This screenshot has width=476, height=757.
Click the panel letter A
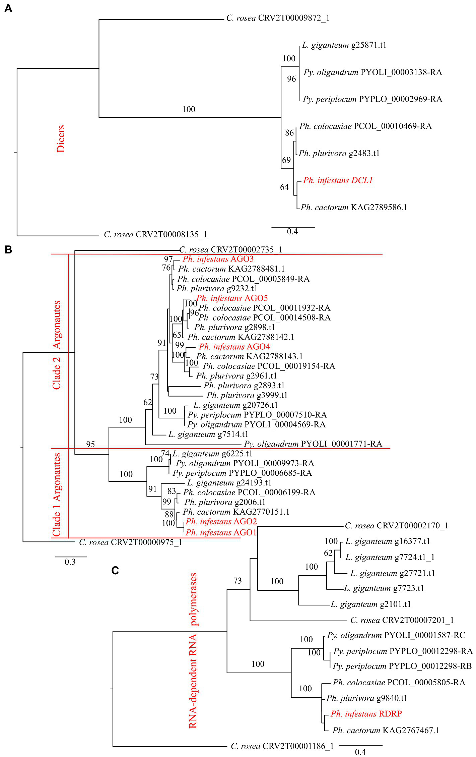tap(8, 8)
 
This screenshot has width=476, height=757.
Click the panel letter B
tap(8, 250)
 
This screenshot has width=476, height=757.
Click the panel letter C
tap(115, 570)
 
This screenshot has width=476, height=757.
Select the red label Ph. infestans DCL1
tap(338, 180)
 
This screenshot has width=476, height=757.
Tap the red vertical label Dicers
tap(61, 139)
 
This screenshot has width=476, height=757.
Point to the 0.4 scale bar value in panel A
tap(292, 232)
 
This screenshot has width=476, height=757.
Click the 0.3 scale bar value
tap(70, 562)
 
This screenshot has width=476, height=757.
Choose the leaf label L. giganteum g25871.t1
tap(344, 45)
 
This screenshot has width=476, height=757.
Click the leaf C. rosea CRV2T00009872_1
tap(278, 18)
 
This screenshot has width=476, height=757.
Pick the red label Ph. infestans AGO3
tap(218, 259)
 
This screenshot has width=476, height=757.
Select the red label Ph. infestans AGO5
tap(232, 298)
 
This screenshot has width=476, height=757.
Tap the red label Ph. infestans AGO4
tap(234, 347)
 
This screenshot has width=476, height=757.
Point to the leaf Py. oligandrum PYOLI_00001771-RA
tap(313, 444)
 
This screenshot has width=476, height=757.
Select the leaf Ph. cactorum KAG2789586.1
tap(354, 208)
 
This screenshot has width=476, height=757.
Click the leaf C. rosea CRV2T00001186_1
tap(282, 746)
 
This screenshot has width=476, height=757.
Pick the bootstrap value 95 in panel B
tap(90, 444)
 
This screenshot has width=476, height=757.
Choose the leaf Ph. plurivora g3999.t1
tap(247, 395)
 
